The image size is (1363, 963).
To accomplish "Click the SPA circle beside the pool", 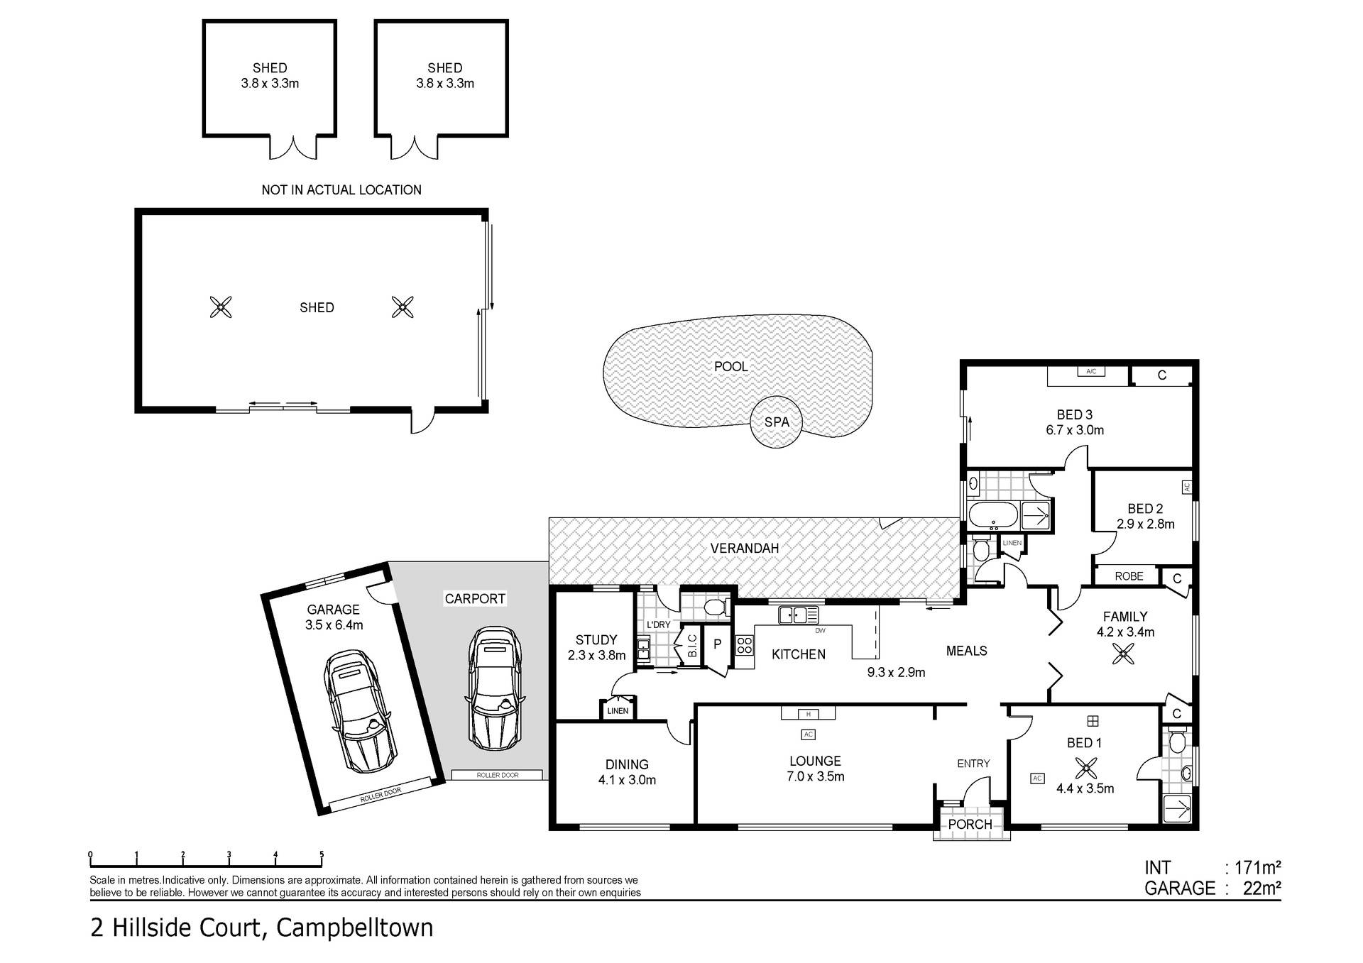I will pyautogui.click(x=777, y=422).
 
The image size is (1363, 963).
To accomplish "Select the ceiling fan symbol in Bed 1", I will pyautogui.click(x=1086, y=768).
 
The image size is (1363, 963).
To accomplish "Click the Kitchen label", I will pyautogui.click(x=799, y=654).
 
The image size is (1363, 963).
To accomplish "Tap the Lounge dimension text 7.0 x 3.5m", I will pyautogui.click(x=815, y=776).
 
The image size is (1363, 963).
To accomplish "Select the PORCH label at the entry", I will pyautogui.click(x=970, y=824).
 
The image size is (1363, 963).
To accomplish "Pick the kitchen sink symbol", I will pyautogui.click(x=799, y=615).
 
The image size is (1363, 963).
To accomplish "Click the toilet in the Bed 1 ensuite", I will pyautogui.click(x=1176, y=742).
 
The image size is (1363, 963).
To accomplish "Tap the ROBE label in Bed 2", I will pyautogui.click(x=1129, y=576).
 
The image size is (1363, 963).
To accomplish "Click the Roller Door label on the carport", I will pyautogui.click(x=498, y=775).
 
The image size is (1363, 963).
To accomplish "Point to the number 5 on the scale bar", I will pyautogui.click(x=322, y=855).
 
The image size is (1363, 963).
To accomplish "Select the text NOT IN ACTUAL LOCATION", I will pyautogui.click(x=341, y=189).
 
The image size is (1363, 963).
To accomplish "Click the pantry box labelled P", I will pyautogui.click(x=717, y=644).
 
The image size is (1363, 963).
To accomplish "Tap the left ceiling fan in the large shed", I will pyautogui.click(x=221, y=307).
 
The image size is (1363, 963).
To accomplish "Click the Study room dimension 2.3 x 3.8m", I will pyautogui.click(x=596, y=655).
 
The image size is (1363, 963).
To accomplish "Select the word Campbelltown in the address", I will pyautogui.click(x=354, y=928).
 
